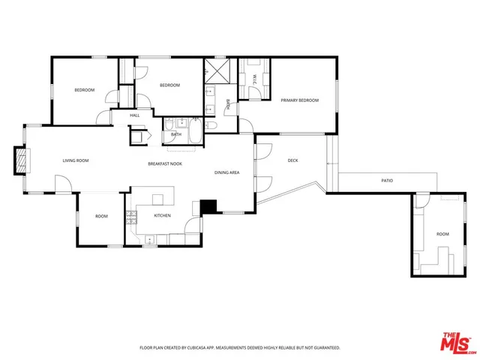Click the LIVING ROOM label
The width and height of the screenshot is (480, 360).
coord(75,160)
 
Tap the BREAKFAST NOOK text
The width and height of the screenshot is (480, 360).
coord(166,163)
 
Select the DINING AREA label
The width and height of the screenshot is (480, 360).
coord(226,172)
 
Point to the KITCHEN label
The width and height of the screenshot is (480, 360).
coord(163,215)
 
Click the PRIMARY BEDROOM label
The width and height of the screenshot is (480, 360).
coord(299,100)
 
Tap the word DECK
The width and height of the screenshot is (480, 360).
coord(293,160)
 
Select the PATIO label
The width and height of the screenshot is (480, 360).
coord(387,181)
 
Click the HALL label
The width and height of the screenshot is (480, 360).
coord(135,115)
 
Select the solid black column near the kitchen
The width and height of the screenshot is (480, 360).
coord(208,206)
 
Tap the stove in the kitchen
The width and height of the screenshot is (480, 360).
coord(131,218)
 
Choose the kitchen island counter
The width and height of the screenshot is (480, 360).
coord(158,199)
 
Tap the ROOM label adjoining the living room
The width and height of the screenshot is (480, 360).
coord(101,216)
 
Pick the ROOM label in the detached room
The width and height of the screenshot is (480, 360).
coord(442,234)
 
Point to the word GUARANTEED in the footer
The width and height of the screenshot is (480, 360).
coord(325,348)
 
